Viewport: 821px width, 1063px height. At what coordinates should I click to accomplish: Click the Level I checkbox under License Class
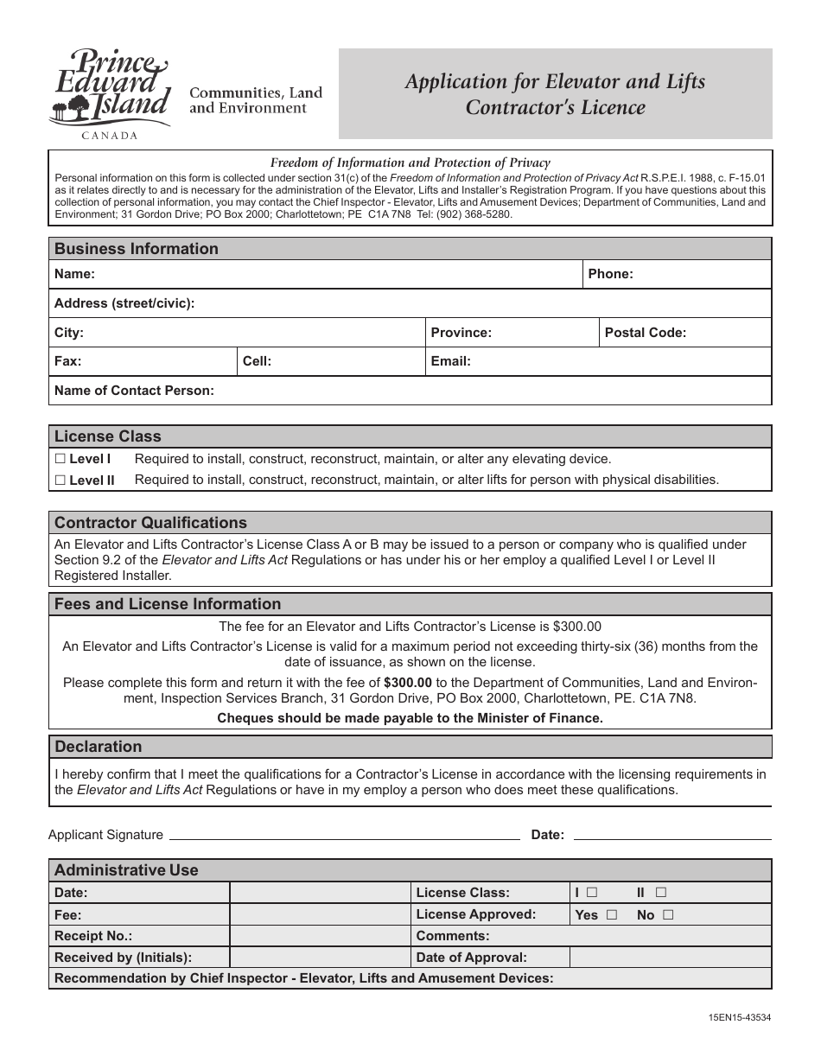[x=60, y=459]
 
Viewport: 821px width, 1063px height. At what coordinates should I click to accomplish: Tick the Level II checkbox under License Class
[x=60, y=480]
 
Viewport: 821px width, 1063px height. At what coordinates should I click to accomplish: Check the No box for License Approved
[x=668, y=914]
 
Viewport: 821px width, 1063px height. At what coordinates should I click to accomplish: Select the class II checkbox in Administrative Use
[x=660, y=892]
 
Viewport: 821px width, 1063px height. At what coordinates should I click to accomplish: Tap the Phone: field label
[x=610, y=274]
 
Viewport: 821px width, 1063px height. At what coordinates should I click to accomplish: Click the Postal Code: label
[x=645, y=332]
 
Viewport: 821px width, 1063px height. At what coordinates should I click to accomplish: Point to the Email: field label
[x=449, y=361]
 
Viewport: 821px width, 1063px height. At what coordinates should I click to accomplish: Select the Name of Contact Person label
[x=133, y=390]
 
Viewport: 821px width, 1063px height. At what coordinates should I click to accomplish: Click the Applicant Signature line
[x=344, y=837]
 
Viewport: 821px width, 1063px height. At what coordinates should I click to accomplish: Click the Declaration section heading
[x=98, y=746]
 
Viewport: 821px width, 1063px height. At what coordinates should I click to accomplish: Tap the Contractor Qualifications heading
[x=150, y=522]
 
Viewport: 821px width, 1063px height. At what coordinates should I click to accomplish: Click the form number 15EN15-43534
[x=738, y=1017]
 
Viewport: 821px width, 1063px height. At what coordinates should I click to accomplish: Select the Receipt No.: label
[x=93, y=936]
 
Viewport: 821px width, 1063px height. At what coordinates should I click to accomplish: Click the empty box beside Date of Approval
[x=670, y=957]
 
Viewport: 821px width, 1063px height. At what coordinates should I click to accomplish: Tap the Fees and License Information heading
[x=168, y=603]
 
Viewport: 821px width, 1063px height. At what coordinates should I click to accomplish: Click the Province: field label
[x=461, y=332]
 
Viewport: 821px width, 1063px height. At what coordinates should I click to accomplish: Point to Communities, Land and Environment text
[x=256, y=100]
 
